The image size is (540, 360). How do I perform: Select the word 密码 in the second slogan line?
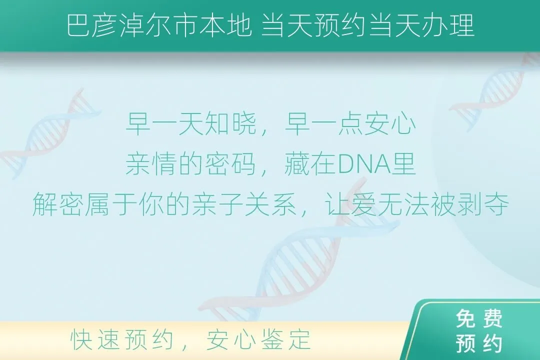[231, 164]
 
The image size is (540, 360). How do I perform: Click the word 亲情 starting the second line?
[152, 164]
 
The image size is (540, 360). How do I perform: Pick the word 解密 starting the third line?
[58, 204]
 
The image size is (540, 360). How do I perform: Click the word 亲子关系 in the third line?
[244, 204]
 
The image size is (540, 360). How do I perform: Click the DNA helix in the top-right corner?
[496, 91]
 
